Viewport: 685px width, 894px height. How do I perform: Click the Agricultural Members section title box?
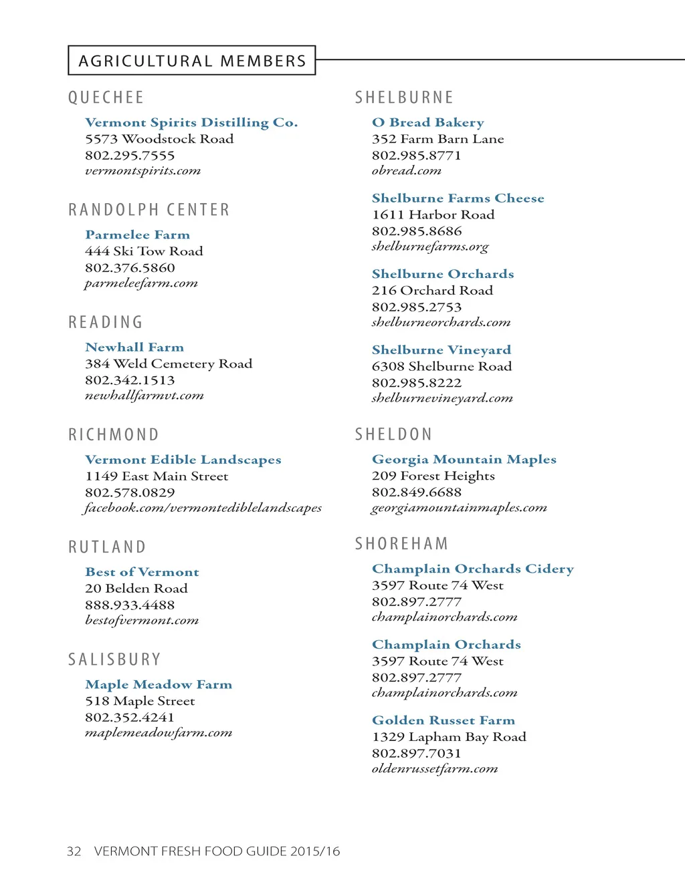click(191, 61)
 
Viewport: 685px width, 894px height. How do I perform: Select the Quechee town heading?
click(106, 98)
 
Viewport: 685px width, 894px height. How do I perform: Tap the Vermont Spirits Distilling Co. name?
click(191, 122)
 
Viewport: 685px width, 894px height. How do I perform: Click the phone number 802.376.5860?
click(130, 267)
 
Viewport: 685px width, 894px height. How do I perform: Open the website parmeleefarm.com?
click(141, 283)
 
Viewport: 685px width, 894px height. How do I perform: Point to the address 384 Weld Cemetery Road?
click(169, 363)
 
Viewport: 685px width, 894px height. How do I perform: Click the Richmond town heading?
click(114, 435)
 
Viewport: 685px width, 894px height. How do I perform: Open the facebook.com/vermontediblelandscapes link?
click(203, 508)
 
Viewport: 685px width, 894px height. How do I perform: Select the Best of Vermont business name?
click(142, 572)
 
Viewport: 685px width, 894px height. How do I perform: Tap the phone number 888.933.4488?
click(130, 605)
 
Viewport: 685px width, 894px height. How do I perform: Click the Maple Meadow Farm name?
click(159, 684)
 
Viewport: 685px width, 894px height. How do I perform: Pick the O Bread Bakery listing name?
click(428, 122)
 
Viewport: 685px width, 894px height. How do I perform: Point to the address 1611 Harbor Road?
click(433, 214)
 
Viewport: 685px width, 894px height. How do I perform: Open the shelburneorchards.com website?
click(442, 322)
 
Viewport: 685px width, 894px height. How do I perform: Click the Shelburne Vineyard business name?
click(442, 349)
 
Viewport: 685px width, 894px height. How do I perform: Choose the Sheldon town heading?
click(393, 434)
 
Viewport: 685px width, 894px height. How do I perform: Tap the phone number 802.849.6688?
click(417, 492)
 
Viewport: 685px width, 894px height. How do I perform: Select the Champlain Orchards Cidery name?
click(473, 569)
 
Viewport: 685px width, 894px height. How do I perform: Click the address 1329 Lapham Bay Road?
click(449, 736)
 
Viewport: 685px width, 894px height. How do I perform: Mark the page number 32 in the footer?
click(74, 851)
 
